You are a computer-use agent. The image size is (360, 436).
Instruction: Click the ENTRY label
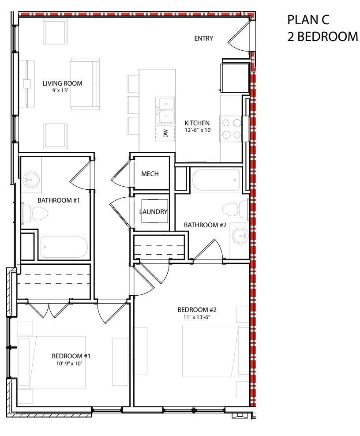point(203,38)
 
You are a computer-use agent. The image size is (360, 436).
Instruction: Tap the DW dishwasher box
point(165,133)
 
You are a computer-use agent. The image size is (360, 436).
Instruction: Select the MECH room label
point(150,174)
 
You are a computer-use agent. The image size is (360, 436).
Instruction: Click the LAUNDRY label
point(154,212)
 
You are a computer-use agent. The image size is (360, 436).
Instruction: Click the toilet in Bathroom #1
point(35,214)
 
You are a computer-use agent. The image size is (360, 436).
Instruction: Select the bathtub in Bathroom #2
point(216,180)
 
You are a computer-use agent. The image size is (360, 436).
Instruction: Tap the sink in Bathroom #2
point(240,236)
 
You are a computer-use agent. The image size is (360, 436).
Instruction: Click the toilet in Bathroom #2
point(235,209)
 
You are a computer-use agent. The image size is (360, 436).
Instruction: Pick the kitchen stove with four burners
point(231,129)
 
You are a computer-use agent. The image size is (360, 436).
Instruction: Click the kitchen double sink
point(165,110)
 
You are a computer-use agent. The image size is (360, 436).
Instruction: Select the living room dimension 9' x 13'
point(60,90)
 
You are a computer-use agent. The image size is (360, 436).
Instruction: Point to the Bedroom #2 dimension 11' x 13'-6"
point(197,317)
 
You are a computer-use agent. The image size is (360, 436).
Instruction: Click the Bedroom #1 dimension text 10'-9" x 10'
point(69,364)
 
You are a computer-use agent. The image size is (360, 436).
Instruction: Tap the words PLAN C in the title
point(308,20)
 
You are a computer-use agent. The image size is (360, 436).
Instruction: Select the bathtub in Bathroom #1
point(64,247)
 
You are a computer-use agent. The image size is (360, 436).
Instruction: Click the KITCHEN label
point(197,123)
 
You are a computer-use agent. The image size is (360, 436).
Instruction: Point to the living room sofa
point(85,84)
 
